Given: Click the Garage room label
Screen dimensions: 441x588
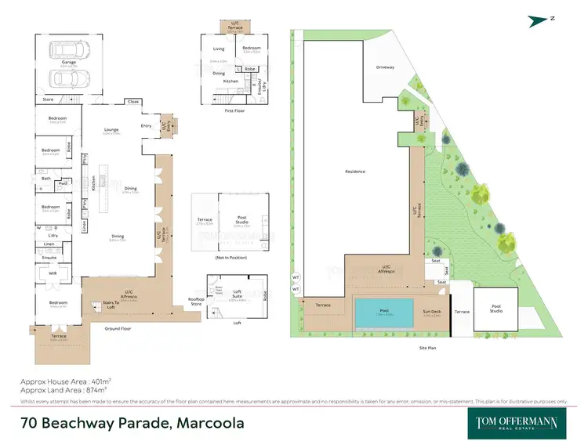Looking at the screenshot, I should point(69,62).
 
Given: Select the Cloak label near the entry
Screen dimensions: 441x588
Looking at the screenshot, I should point(132,102).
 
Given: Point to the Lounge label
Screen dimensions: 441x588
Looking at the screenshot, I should point(111,130).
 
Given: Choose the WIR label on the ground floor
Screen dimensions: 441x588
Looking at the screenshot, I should point(53,274).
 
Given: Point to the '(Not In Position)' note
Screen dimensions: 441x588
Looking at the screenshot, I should point(231,258).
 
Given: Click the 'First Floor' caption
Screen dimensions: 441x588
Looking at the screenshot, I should point(234,111).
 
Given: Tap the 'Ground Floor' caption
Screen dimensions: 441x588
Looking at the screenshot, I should point(118,329).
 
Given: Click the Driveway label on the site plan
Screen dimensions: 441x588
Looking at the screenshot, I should point(385,67).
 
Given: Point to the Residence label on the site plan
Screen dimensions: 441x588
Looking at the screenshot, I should point(357,172).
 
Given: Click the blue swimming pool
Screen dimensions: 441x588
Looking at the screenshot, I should point(384,311).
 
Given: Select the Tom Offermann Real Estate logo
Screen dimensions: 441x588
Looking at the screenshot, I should point(517,422).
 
